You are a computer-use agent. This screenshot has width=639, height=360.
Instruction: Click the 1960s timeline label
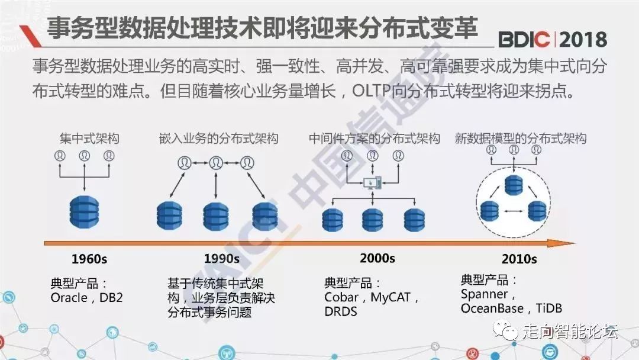point(89,259)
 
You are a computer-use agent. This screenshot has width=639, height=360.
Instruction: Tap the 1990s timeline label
point(222,259)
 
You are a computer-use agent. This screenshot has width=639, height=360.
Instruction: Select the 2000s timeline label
point(377,258)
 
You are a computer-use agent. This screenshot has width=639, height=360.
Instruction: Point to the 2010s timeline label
point(519,259)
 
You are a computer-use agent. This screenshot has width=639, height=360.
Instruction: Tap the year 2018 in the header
point(583,39)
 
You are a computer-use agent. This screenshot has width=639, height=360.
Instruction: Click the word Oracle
point(69,298)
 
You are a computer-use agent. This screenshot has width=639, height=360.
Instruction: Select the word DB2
point(111,298)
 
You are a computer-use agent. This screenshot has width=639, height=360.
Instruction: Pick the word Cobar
point(341,297)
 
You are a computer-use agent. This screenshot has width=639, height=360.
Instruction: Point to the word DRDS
point(341,311)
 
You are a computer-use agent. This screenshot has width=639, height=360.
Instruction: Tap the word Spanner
point(484,294)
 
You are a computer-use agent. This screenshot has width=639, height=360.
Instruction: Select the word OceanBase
point(492,308)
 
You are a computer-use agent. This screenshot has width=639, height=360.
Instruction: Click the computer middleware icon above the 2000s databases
point(372,181)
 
